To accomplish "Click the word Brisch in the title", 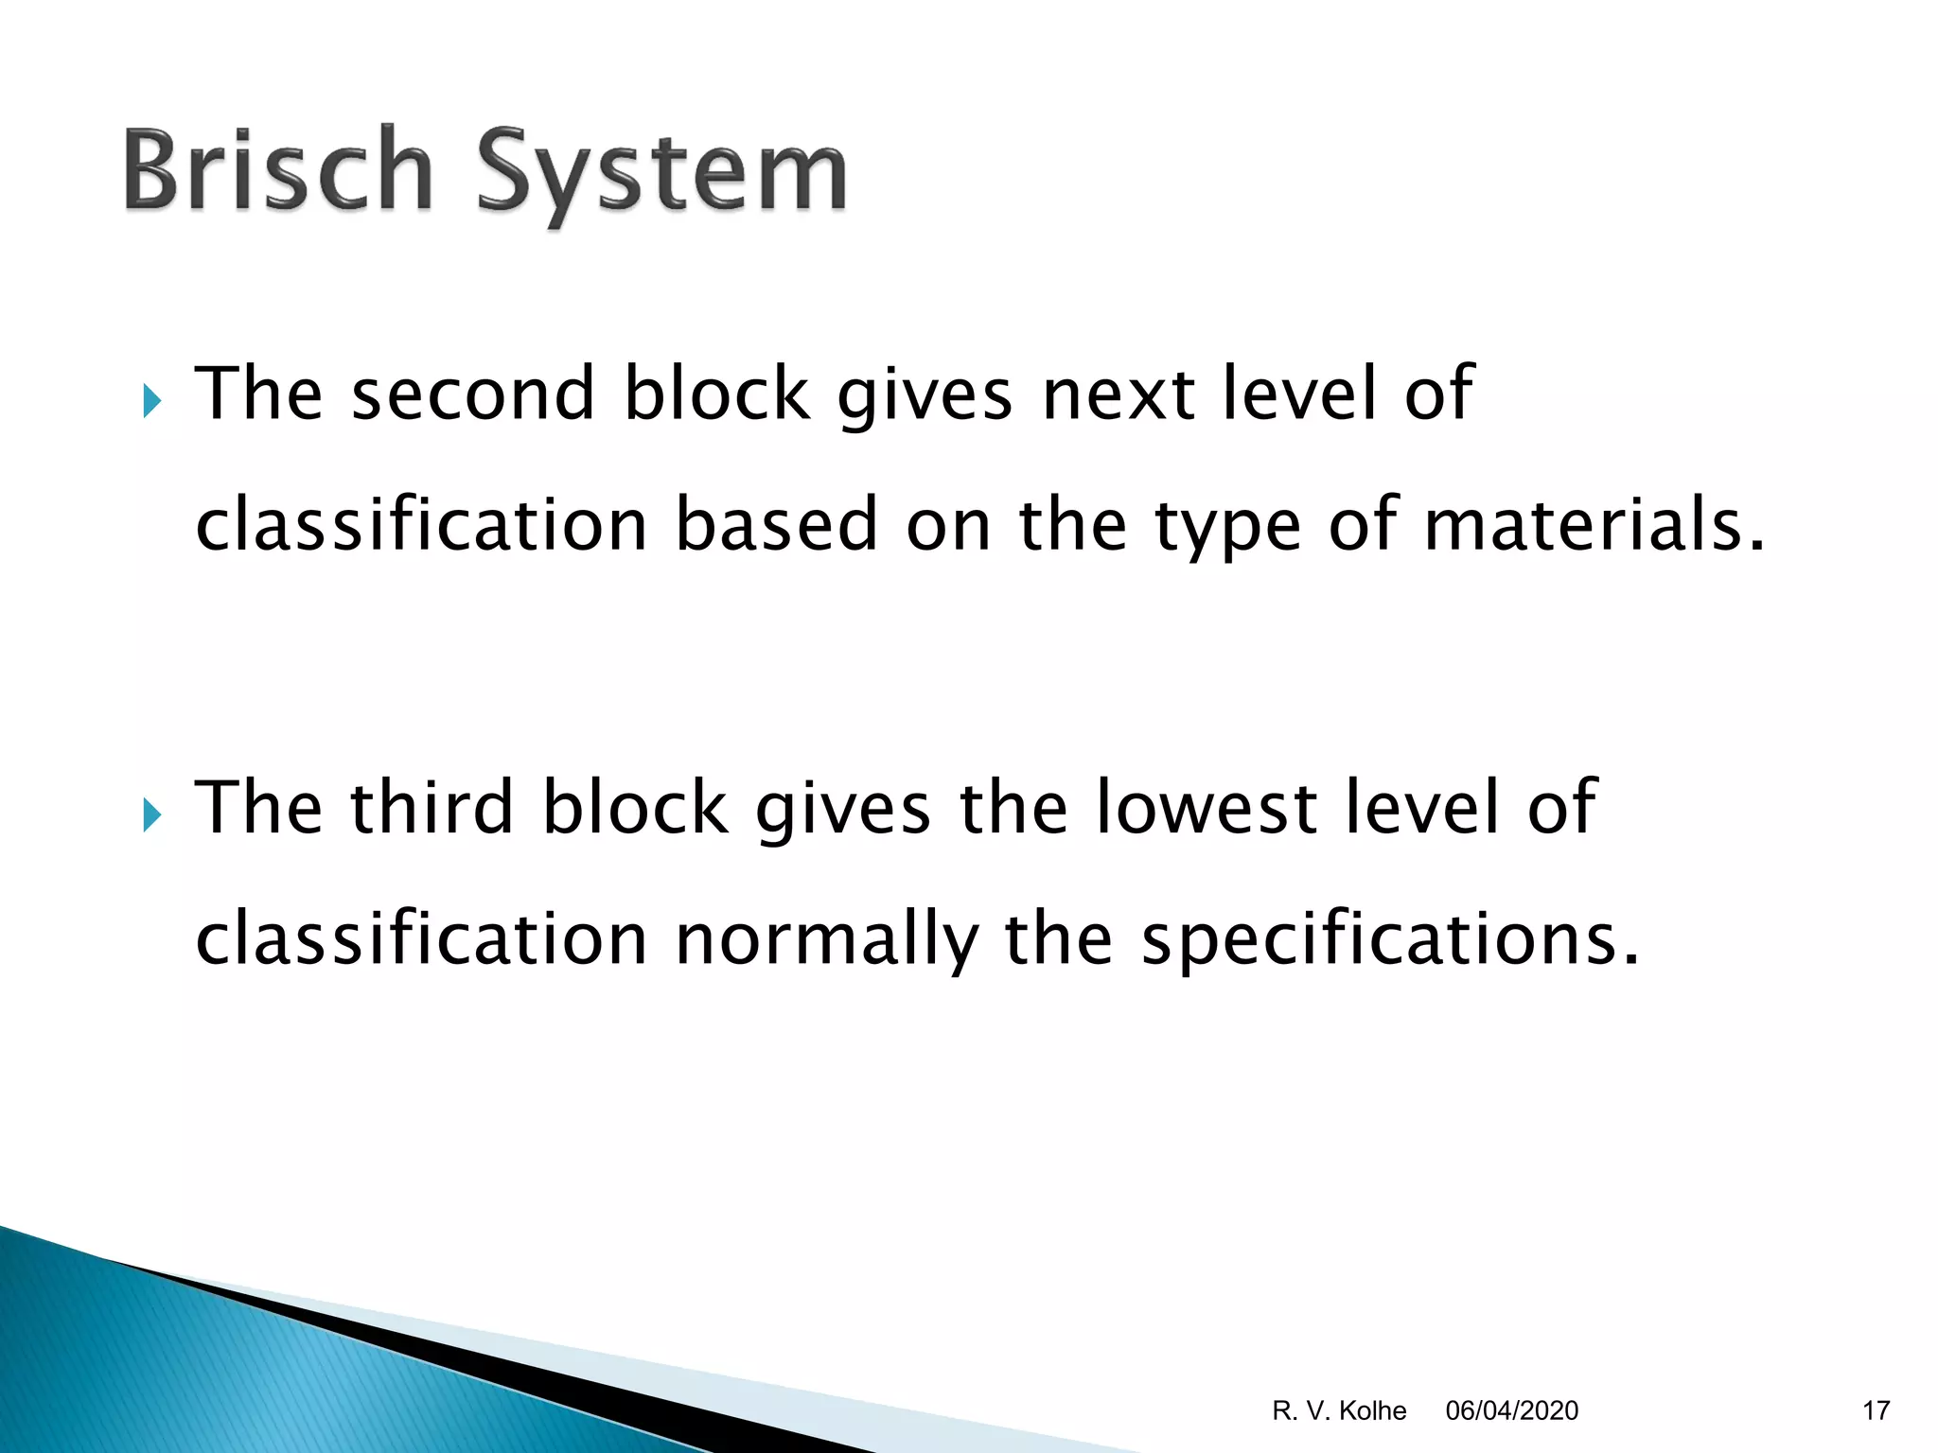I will [277, 171].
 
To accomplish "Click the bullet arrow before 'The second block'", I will [152, 401].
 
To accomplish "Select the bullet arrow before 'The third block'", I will [152, 814].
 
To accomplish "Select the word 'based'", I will [776, 525].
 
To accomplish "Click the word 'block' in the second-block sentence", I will [716, 394].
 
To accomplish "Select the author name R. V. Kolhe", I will [1339, 1410].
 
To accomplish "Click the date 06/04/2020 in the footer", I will [1511, 1410].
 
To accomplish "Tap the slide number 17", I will [1876, 1410].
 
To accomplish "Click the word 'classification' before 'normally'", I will [421, 938].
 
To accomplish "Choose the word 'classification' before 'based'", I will [421, 525].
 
